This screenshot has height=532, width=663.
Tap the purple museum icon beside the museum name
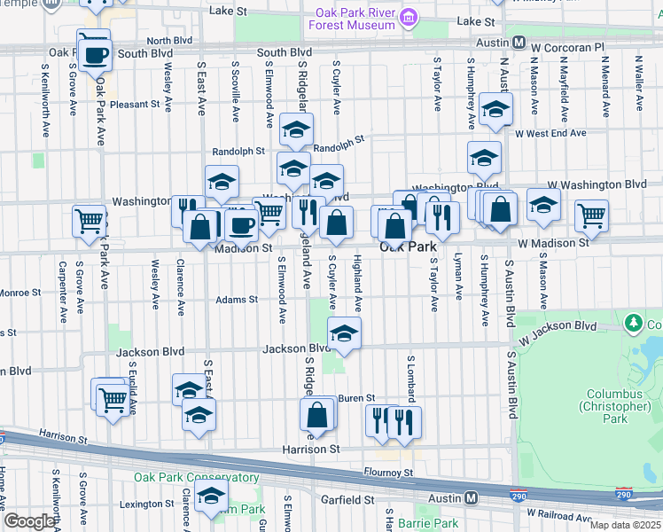point(409,17)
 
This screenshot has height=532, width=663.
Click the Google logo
point(29,521)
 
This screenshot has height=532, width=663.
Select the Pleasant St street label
point(136,104)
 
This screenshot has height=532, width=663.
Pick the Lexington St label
point(147,504)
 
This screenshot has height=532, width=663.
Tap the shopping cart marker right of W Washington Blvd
point(591,214)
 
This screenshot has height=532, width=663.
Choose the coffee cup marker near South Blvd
point(94,54)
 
